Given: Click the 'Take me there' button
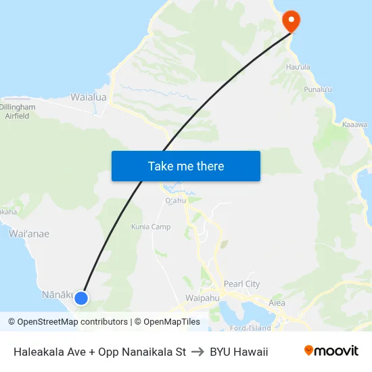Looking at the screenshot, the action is [185, 166].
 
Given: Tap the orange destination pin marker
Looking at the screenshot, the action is [292, 20].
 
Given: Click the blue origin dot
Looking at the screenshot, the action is [81, 298].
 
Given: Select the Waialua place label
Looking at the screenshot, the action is [89, 97].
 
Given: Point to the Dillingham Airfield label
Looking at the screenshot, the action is [17, 112].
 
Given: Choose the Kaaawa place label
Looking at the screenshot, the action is [354, 124].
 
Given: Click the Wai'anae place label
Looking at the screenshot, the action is [29, 233].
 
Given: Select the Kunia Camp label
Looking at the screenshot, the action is [151, 227].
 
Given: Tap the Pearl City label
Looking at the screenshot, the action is [241, 284].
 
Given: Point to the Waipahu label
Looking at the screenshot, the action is [200, 298].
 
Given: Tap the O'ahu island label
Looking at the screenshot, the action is [175, 201].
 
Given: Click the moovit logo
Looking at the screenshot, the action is [331, 351].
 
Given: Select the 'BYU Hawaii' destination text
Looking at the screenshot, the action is [239, 352].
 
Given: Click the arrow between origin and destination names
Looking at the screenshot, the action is [197, 352].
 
